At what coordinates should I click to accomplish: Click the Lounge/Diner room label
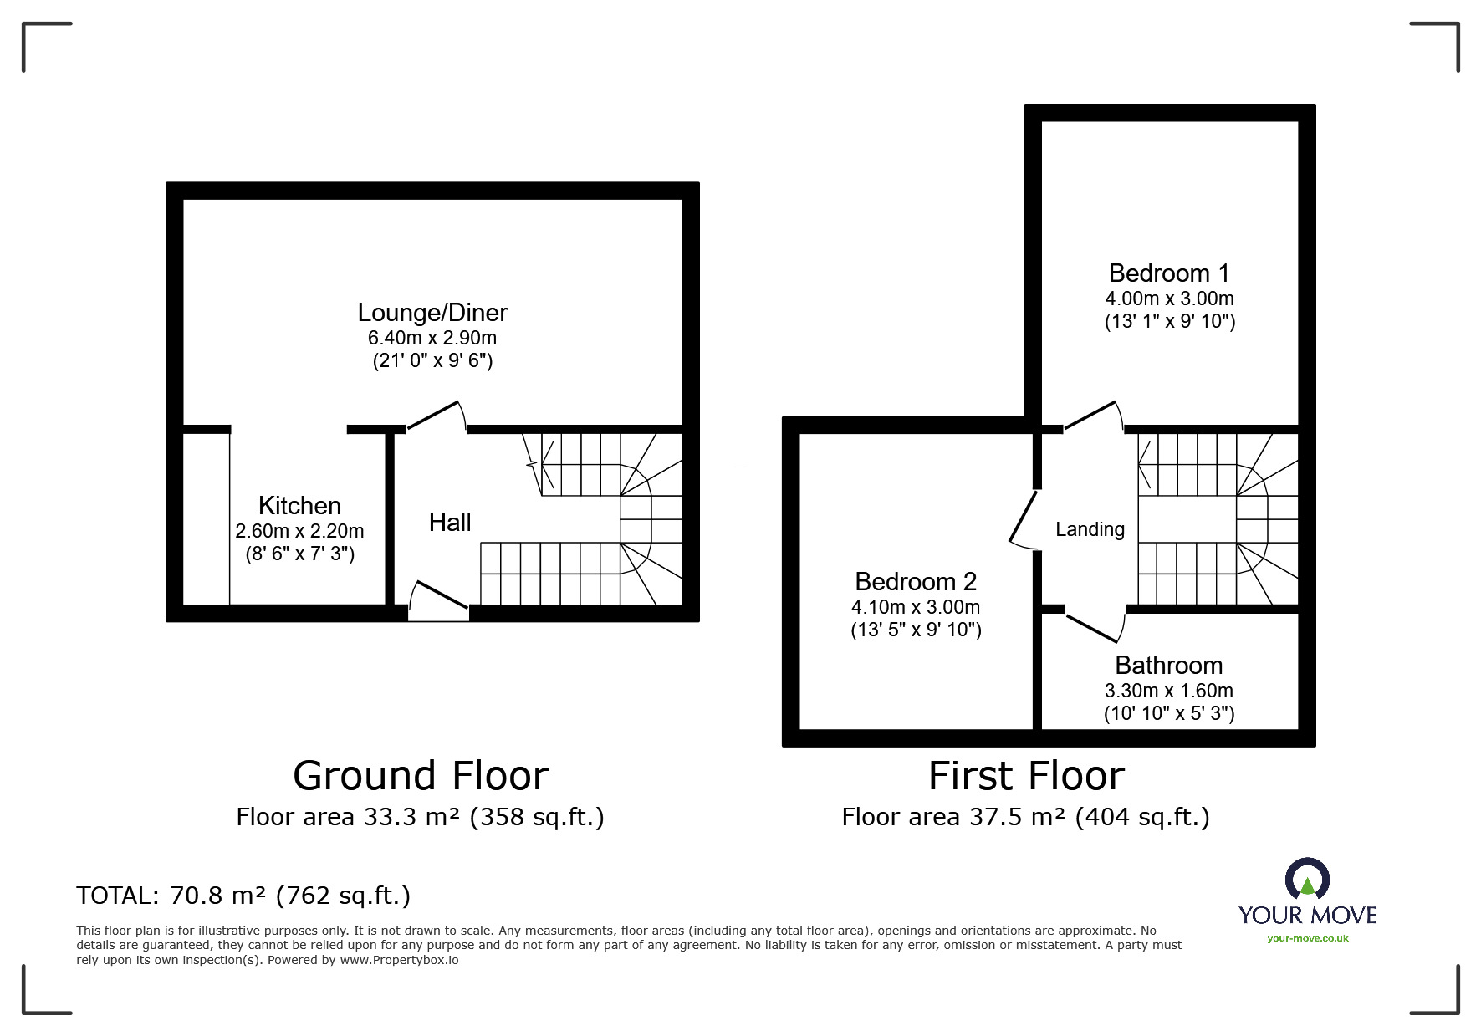pos(432,313)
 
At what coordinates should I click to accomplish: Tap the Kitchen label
pos(299,505)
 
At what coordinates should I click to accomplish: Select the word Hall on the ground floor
pos(450,523)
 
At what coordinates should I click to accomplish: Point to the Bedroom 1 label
pos(1169,273)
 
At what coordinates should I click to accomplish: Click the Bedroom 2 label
pos(916,581)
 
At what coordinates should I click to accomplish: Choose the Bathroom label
pos(1169,666)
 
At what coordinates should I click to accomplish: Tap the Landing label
pos(1090,529)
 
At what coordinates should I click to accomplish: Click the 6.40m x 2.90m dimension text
pos(432,338)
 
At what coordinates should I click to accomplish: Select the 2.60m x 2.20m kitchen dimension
pos(299,531)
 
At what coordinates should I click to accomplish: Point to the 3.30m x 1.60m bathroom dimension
pos(1169,691)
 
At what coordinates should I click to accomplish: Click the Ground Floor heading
pos(421,775)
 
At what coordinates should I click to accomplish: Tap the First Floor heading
pos(1026,775)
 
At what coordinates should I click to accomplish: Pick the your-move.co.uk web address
pos(1308,938)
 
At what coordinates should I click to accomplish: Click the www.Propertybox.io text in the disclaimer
pos(399,960)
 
